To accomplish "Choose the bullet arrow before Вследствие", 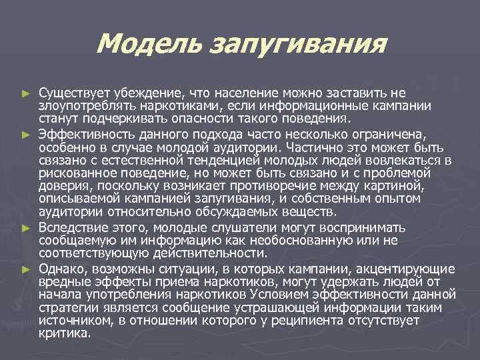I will click(x=26, y=229).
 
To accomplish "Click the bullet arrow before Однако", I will click(x=26, y=270).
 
